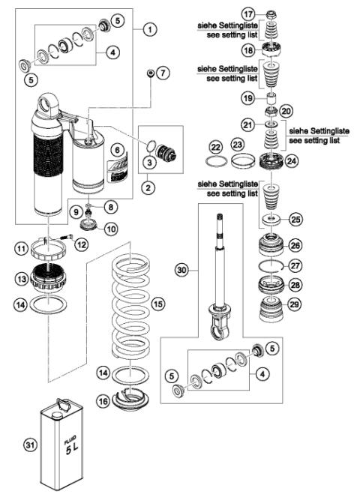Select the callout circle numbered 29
click(x=295, y=305)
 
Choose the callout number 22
click(x=216, y=145)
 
